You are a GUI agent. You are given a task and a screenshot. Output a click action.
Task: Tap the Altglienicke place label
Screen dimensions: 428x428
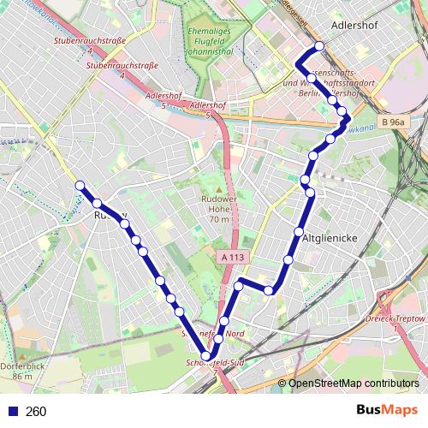tap(330, 235)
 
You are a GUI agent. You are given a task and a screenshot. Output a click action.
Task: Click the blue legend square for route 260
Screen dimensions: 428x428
tap(10, 412)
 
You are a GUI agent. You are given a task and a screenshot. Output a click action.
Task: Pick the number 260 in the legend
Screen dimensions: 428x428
tap(36, 412)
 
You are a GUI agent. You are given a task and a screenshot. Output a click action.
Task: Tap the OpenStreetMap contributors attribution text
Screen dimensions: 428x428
tap(353, 383)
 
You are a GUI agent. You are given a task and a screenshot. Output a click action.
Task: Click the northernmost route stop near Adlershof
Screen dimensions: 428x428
tap(319, 46)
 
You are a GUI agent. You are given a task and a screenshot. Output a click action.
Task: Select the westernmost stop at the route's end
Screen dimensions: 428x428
tap(80, 185)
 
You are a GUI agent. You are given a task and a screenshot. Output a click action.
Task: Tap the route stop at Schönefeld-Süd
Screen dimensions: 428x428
tap(206, 356)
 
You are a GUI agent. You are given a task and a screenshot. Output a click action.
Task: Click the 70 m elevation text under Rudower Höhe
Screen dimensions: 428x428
tap(219, 219)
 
